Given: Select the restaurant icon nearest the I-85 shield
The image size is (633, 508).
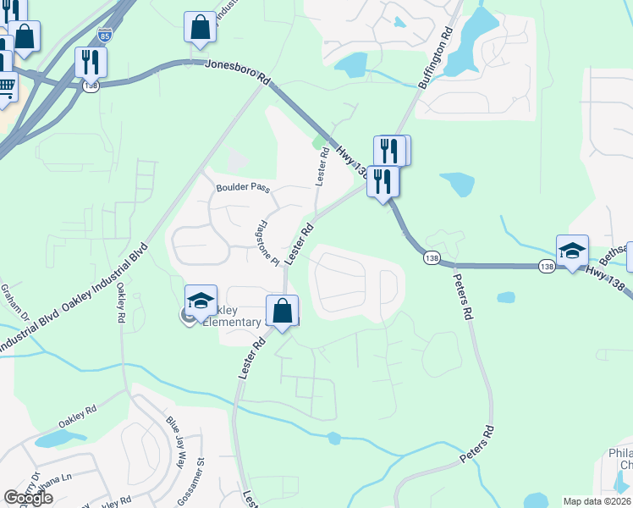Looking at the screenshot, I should point(91,61).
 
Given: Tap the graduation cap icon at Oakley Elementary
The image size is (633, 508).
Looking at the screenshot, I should point(201,301).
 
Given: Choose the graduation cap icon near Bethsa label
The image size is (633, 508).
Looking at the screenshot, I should point(572,250).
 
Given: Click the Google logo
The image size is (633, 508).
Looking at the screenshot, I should point(28,498).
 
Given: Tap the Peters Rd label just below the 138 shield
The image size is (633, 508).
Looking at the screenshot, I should point(461,296).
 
